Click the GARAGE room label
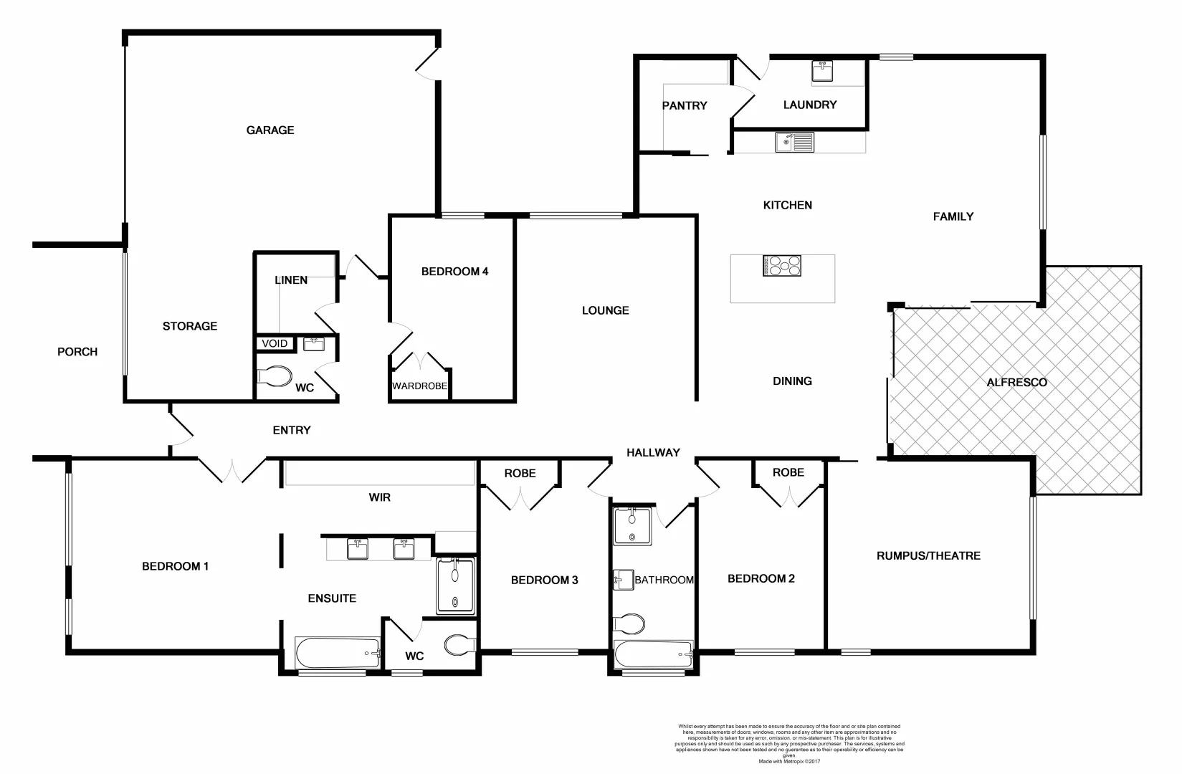[270, 130]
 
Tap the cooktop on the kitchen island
[782, 266]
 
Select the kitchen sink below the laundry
[794, 142]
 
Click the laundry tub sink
[822, 72]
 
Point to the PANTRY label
[684, 105]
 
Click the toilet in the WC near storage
[275, 377]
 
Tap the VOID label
[274, 344]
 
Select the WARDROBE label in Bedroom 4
[419, 386]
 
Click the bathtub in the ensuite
[337, 653]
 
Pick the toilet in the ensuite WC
[458, 645]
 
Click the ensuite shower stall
[455, 586]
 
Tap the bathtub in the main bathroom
[653, 655]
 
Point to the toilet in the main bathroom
[629, 623]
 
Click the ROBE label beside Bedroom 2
[788, 473]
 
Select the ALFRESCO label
[1016, 383]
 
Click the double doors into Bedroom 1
[232, 470]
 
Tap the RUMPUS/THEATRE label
[928, 555]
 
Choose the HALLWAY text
[652, 453]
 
